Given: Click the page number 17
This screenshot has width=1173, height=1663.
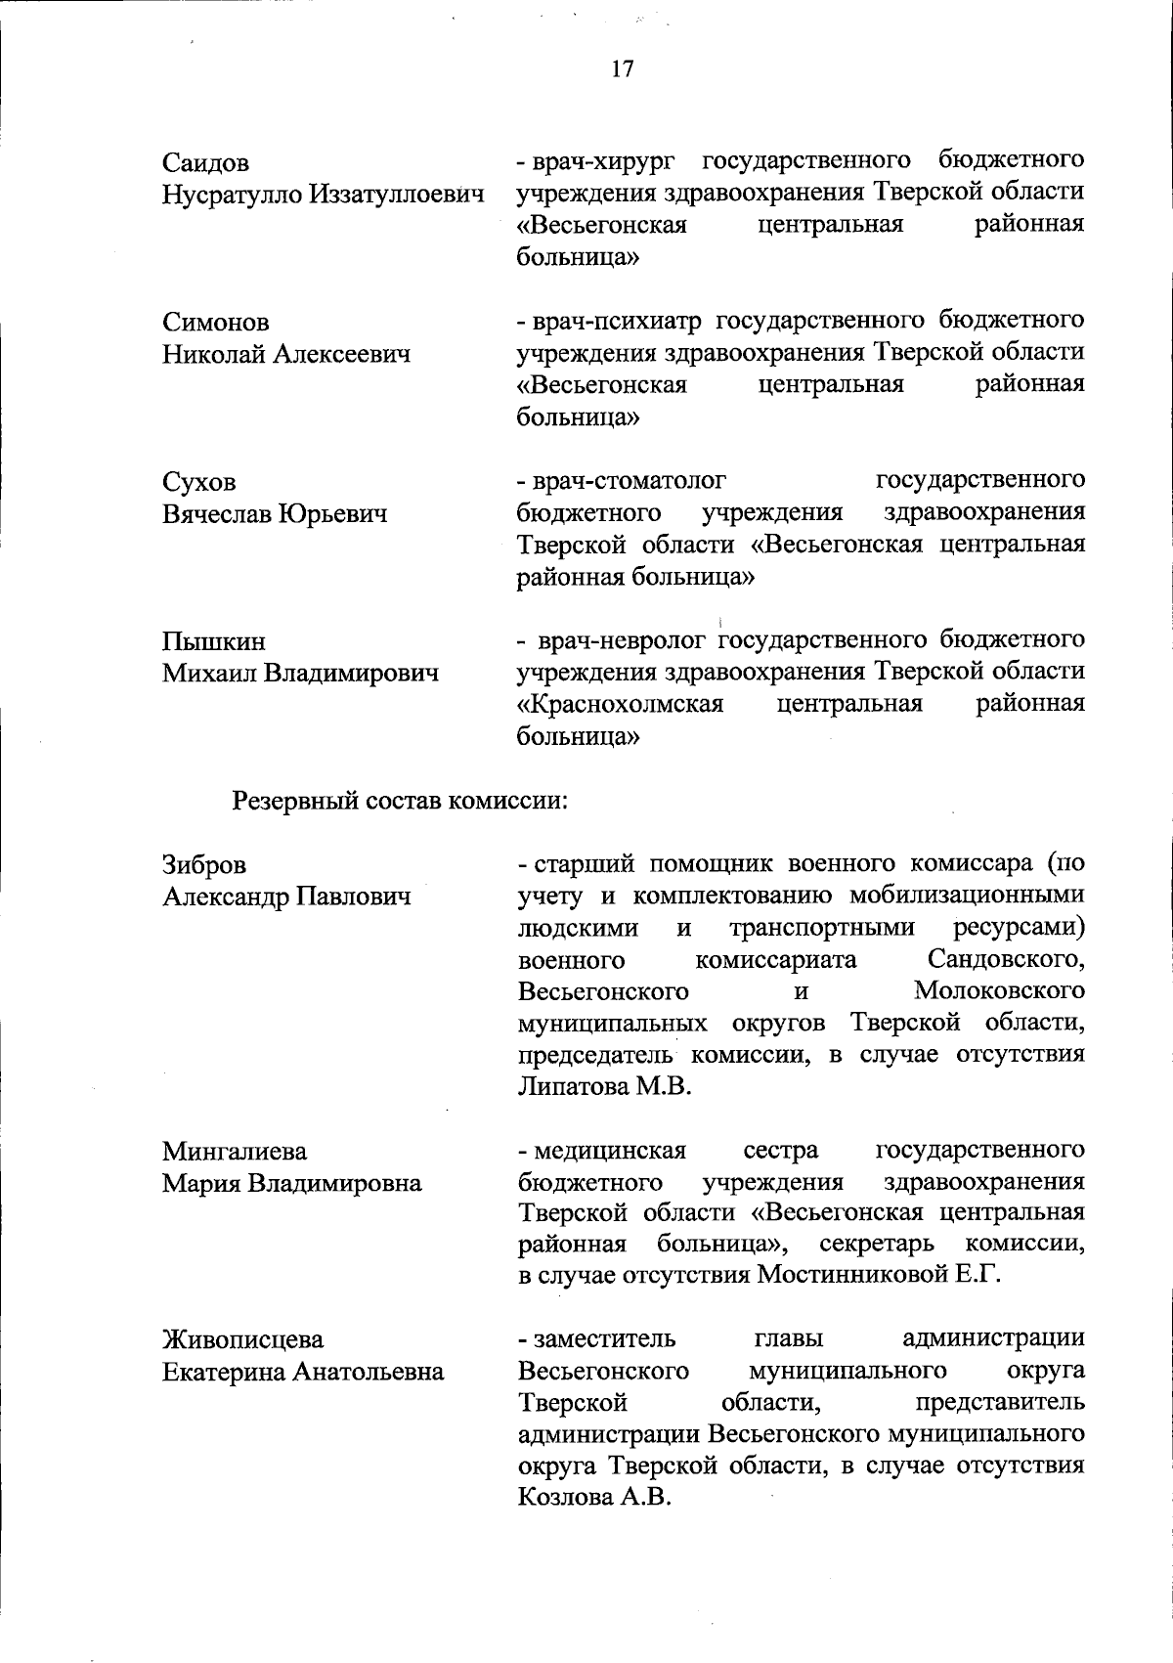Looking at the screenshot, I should [x=623, y=68].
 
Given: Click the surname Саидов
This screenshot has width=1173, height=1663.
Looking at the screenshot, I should [x=205, y=162].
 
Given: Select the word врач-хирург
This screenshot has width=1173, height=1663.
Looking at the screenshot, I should [x=606, y=159].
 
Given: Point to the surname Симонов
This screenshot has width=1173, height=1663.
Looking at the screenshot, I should [x=215, y=323].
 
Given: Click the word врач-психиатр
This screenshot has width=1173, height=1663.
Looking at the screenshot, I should [x=616, y=320].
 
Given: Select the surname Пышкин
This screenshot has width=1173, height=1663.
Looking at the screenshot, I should [x=213, y=642].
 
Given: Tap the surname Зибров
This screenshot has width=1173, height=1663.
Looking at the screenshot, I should [x=204, y=865].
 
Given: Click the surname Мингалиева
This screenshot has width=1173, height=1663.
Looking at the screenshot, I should [x=234, y=1151].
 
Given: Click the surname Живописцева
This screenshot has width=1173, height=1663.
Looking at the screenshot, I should [x=242, y=1339].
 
